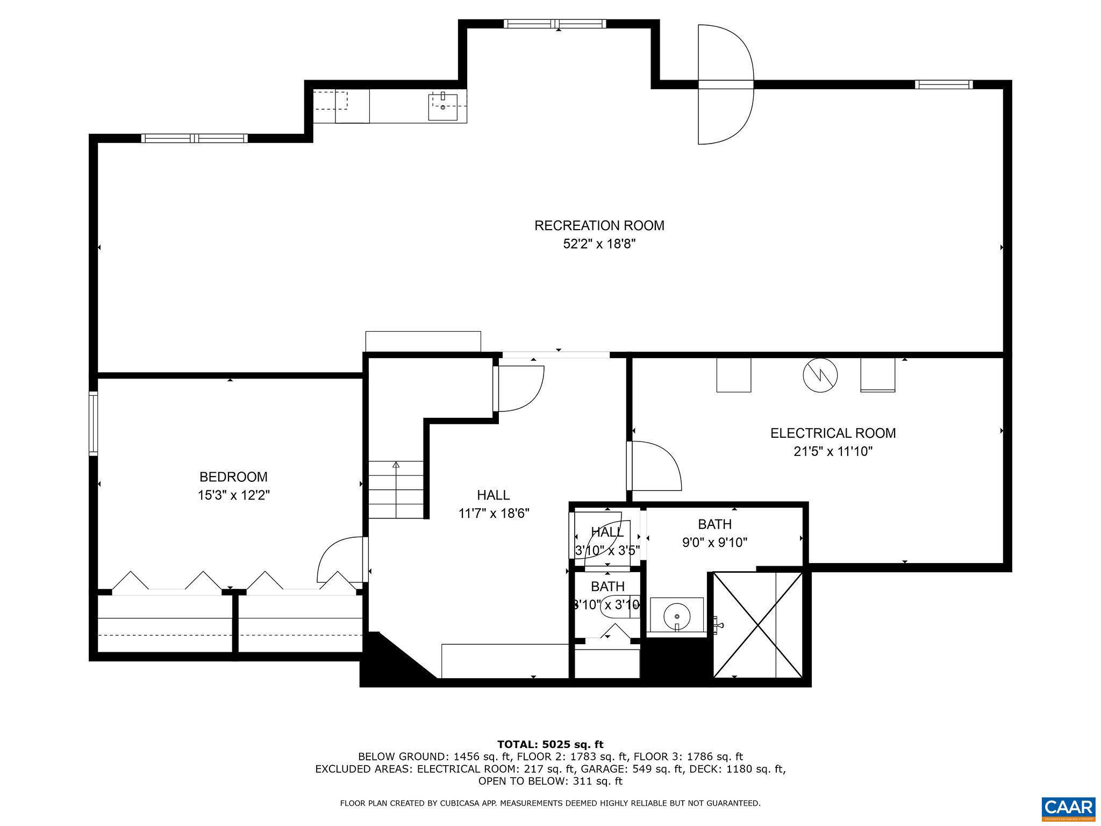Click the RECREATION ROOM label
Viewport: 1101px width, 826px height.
point(599,225)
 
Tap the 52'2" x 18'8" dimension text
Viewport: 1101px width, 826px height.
point(599,244)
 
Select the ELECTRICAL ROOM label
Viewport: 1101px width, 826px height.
point(833,433)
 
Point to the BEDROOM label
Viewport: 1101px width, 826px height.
point(233,477)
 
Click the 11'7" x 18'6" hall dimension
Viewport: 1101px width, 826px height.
point(494,514)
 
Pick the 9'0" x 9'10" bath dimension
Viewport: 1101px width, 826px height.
point(714,543)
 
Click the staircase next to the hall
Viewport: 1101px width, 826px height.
point(396,489)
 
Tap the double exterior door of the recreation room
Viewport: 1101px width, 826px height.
point(725,84)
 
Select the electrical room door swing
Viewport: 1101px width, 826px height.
point(656,466)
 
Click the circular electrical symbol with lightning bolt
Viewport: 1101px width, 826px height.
point(820,375)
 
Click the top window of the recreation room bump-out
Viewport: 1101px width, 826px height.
point(555,24)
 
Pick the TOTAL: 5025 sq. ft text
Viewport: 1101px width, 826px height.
point(550,745)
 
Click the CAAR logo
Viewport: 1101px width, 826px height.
point(1068,808)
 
